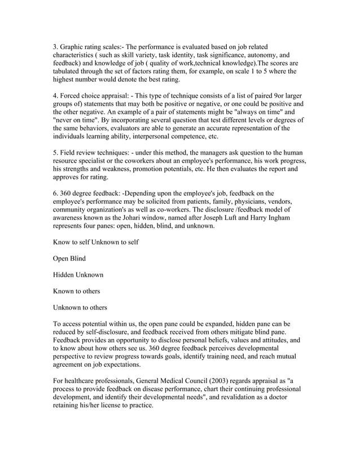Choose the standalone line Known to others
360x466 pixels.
click(76, 291)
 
